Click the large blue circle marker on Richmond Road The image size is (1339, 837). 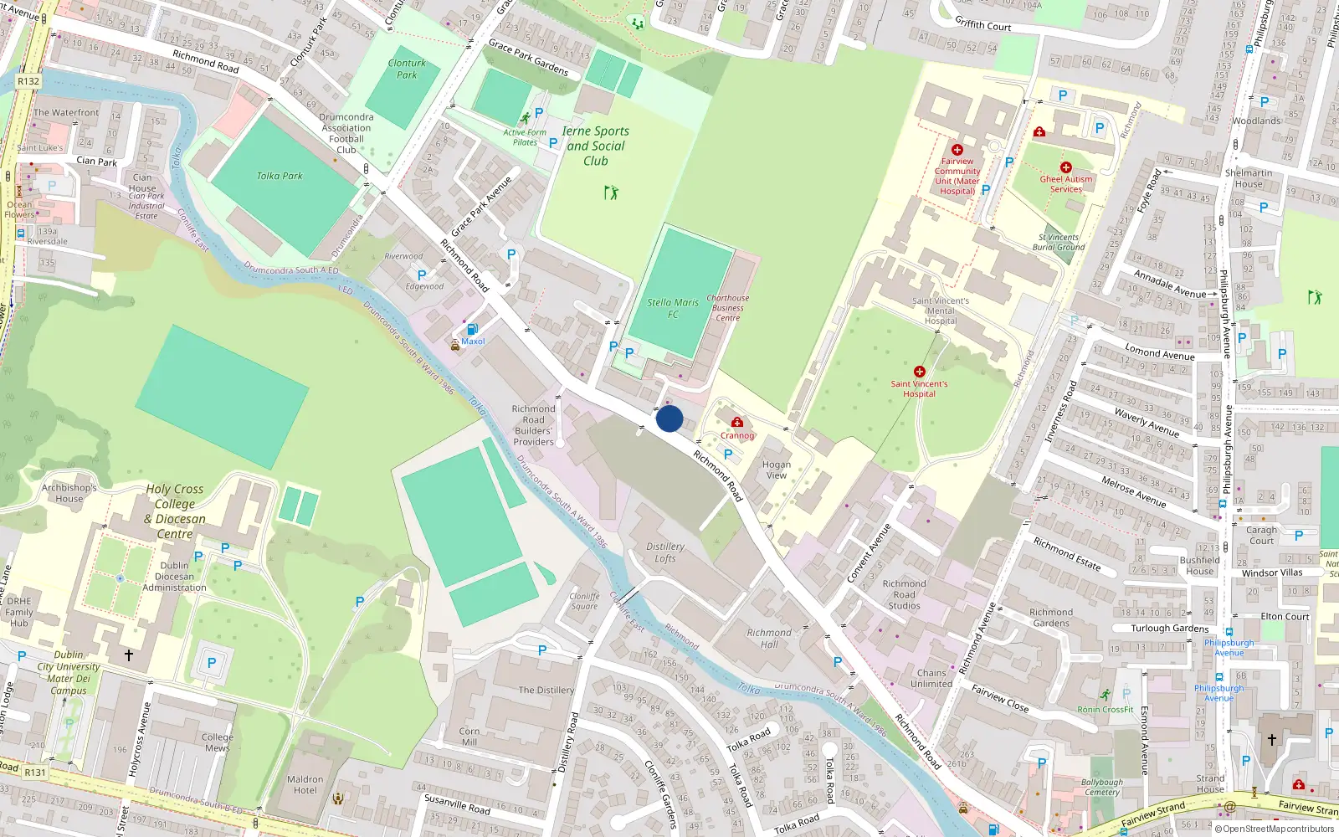[669, 418]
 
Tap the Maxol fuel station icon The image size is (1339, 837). [472, 329]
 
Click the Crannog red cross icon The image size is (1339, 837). [737, 423]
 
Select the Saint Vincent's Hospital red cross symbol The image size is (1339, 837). [919, 372]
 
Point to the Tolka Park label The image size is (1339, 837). [280, 176]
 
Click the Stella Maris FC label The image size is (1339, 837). [673, 308]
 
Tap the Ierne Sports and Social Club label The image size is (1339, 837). [595, 146]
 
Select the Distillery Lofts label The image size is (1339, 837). [665, 552]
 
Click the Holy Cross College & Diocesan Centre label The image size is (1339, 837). [174, 511]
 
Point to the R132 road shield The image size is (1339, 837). [28, 81]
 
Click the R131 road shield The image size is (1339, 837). [34, 773]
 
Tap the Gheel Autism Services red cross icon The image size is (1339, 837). [1065, 167]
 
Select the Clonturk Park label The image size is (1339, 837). [407, 69]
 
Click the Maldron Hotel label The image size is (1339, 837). [305, 784]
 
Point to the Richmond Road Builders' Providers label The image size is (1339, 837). [533, 425]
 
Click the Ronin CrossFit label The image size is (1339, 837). [1106, 709]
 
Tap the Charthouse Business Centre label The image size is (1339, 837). [727, 307]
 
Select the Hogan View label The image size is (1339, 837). [776, 470]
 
